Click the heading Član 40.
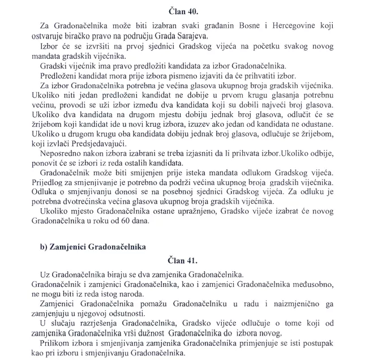(x=184, y=11)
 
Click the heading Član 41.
(x=184, y=261)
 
